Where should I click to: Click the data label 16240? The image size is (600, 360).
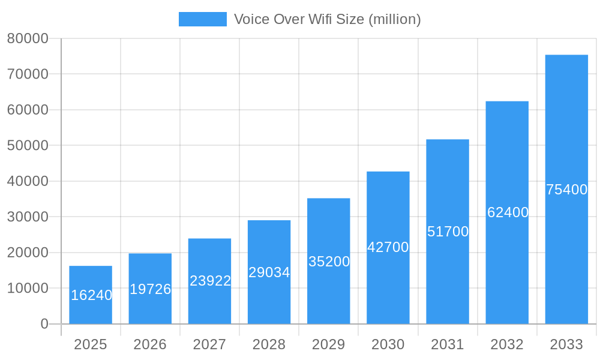tap(91, 295)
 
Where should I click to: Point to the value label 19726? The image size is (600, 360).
tap(151, 289)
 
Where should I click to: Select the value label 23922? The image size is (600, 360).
tap(210, 281)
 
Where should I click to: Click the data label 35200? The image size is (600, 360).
tap(329, 262)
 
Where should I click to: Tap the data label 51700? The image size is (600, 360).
tap(448, 232)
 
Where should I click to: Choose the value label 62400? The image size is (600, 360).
tap(508, 212)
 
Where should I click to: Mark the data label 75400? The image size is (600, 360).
tap(566, 190)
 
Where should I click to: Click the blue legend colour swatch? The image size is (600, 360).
tap(203, 19)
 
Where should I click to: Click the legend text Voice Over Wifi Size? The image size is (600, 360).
tap(327, 19)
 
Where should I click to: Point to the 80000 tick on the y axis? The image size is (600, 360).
tap(28, 38)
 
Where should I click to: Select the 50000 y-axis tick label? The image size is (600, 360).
tap(28, 145)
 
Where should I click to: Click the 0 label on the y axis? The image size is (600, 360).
tap(44, 324)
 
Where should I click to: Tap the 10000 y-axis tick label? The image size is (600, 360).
tap(28, 288)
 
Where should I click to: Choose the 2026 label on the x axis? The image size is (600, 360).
tap(150, 344)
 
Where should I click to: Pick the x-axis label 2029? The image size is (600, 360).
tap(329, 344)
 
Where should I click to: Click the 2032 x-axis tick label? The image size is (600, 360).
tap(507, 344)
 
